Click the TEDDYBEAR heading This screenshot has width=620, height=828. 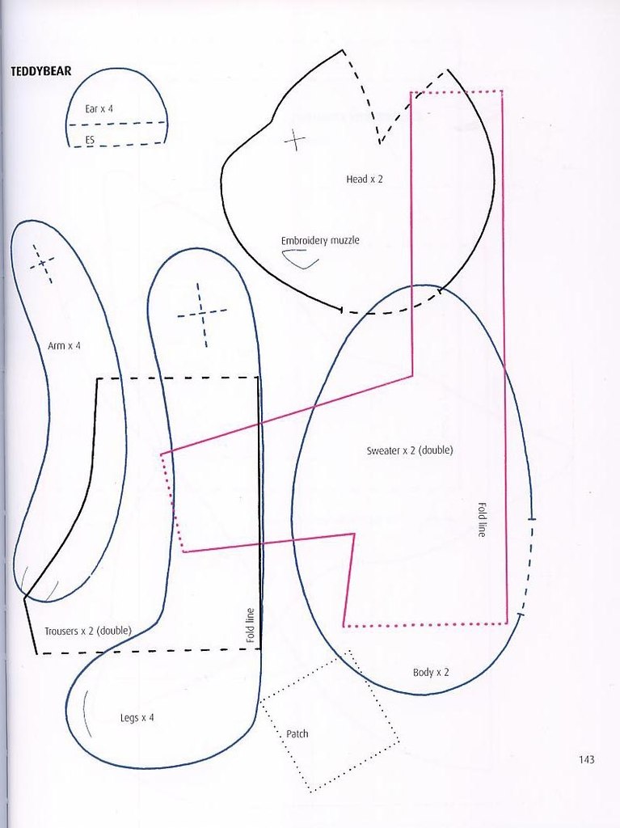(x=40, y=71)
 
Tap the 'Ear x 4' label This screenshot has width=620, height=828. (x=99, y=109)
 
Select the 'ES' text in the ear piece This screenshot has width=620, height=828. (x=90, y=141)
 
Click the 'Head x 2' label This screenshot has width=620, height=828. (x=365, y=179)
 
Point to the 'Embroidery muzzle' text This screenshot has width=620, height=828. (x=320, y=240)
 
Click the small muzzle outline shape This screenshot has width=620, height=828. (x=299, y=260)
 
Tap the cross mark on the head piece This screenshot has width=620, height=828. (x=295, y=140)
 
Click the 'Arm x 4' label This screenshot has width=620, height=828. (x=64, y=346)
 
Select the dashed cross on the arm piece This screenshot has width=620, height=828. (x=42, y=263)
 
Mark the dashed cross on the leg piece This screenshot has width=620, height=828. (x=202, y=315)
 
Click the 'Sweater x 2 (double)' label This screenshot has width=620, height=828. (x=410, y=450)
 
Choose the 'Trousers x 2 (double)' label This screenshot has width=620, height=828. (x=87, y=631)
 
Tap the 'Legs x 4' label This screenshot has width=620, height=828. (x=137, y=718)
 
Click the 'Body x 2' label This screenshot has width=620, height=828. (x=430, y=672)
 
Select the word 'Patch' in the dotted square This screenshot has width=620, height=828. (x=297, y=733)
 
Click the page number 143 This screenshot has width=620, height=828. (x=586, y=759)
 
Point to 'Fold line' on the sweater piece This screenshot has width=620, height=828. (x=482, y=520)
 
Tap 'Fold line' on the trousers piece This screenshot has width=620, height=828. (x=251, y=625)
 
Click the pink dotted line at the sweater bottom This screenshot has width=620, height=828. (x=425, y=625)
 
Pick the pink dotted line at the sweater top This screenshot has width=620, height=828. (x=456, y=92)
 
